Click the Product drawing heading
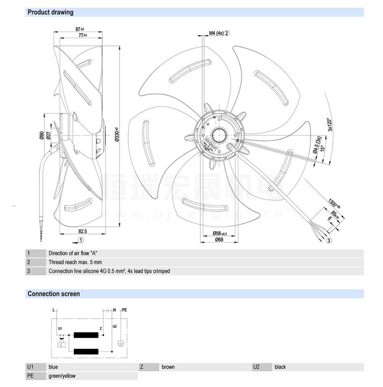click(51, 12)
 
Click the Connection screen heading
click(54, 294)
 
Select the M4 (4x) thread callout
click(217, 34)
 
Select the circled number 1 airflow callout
click(81, 239)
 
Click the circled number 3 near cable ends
click(329, 240)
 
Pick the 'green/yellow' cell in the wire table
click(62, 376)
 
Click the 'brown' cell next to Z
click(168, 367)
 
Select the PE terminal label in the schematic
click(125, 309)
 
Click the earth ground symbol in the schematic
click(121, 344)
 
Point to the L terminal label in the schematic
click(53, 309)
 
